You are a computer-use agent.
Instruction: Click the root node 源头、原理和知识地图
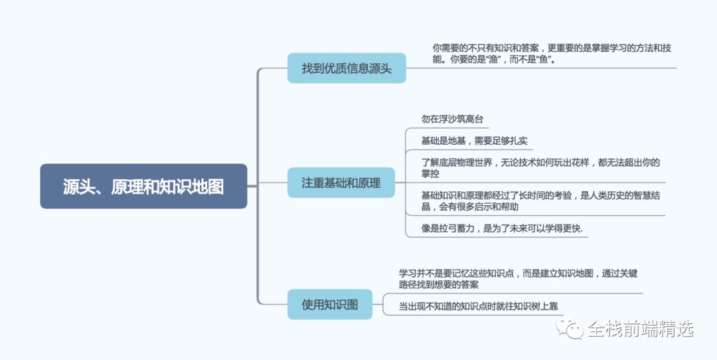(x=143, y=187)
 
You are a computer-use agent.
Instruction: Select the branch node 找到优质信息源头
(x=347, y=68)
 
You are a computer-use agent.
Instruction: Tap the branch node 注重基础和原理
(x=341, y=183)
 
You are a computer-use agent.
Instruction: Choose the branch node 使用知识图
(x=330, y=304)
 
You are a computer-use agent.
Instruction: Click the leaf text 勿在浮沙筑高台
(x=452, y=120)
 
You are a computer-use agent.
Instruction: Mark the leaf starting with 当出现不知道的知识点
(x=482, y=306)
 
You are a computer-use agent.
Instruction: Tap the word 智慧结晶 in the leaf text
(x=639, y=195)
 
